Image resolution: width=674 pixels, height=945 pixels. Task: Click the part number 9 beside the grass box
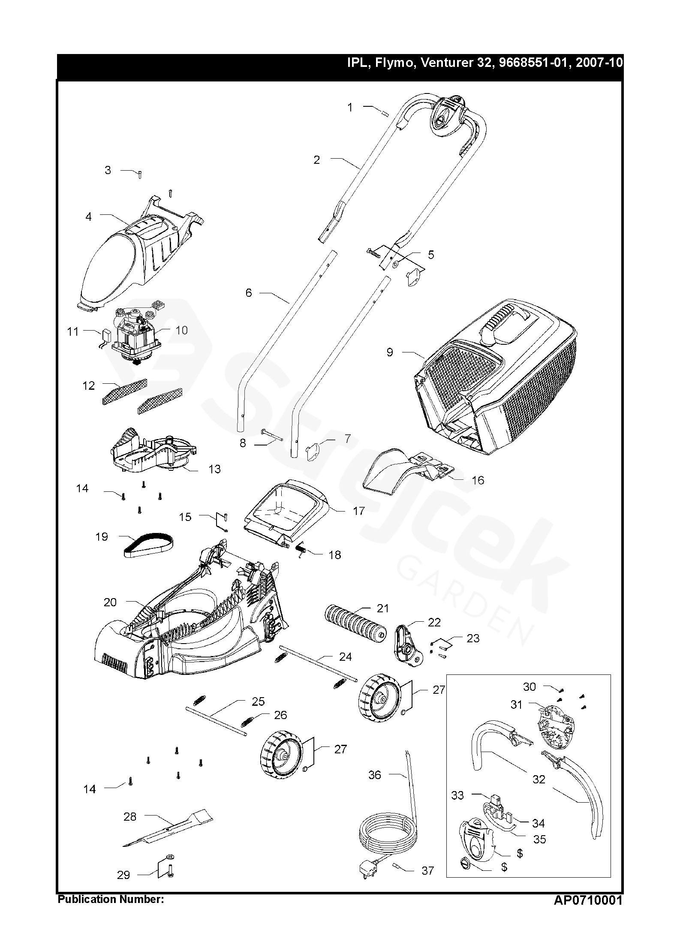coord(389,352)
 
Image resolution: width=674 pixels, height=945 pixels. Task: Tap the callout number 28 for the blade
coord(130,817)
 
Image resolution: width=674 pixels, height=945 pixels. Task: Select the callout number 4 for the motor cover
coord(88,217)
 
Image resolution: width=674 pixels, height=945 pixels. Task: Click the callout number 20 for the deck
coord(110,602)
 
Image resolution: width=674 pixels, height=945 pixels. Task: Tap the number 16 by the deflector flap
coord(478,480)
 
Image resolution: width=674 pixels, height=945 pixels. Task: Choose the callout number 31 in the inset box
coord(516,704)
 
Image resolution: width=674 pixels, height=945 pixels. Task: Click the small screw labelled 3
coord(140,175)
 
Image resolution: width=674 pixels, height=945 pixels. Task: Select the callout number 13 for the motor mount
coord(214,469)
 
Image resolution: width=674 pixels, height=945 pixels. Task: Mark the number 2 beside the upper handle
coord(317,160)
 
